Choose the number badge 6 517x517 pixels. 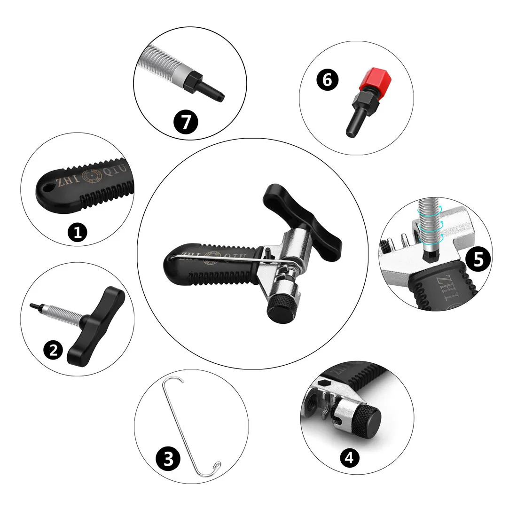pos(328,80)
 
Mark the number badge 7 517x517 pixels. pos(186,122)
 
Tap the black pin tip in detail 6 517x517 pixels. pos(351,127)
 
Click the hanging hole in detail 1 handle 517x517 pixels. pos(46,188)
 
